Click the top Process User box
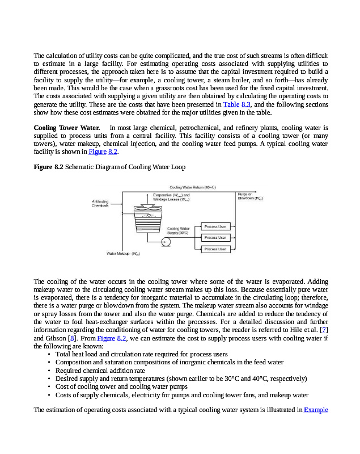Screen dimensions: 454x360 point(215,226)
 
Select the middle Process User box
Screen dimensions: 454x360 point(215,238)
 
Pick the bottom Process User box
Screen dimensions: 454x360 point(215,249)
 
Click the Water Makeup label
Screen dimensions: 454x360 point(123,254)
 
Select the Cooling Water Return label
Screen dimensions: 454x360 point(193,187)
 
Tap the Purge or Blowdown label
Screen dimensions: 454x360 point(250,196)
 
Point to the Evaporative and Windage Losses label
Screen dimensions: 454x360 point(171,197)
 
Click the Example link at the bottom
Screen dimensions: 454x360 point(316,409)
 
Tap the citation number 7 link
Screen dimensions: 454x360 point(324,330)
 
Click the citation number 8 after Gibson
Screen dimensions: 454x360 point(71,338)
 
